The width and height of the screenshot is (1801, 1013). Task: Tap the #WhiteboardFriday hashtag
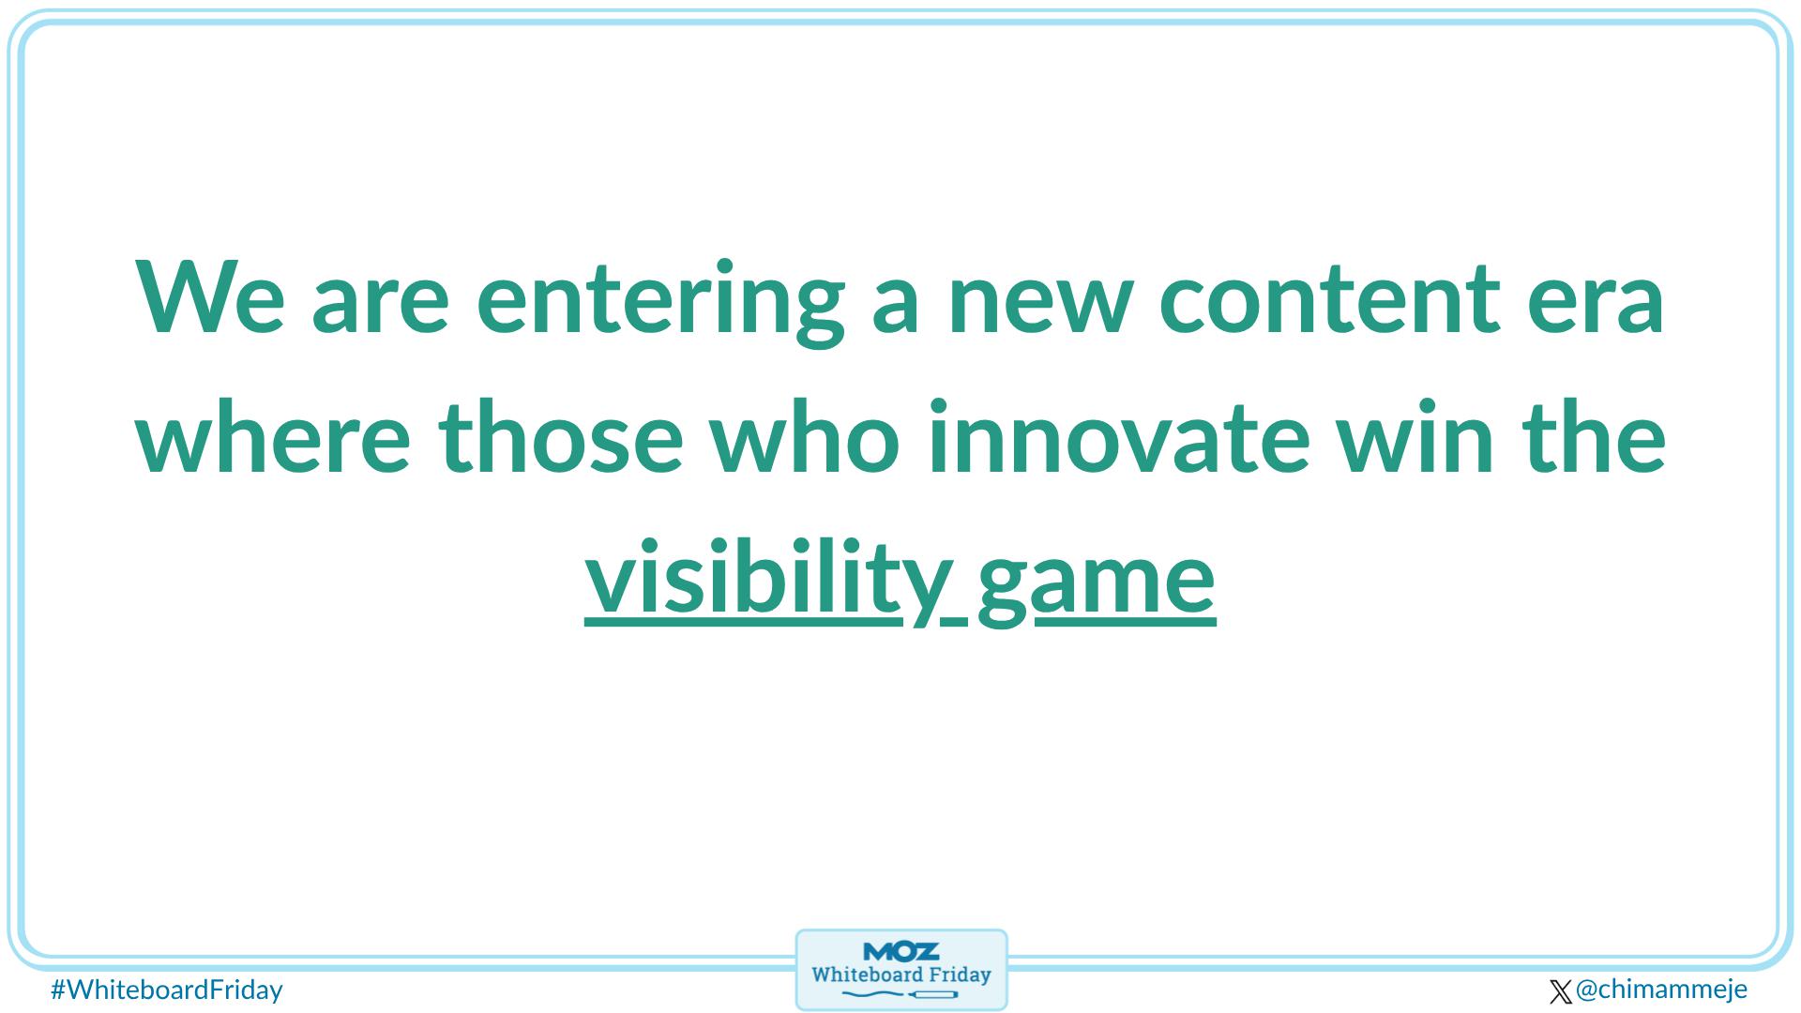(x=166, y=990)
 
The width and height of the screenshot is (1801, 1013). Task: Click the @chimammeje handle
(x=1661, y=989)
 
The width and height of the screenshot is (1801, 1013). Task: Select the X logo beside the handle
(x=1560, y=991)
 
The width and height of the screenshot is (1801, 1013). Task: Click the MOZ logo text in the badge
(x=900, y=952)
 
